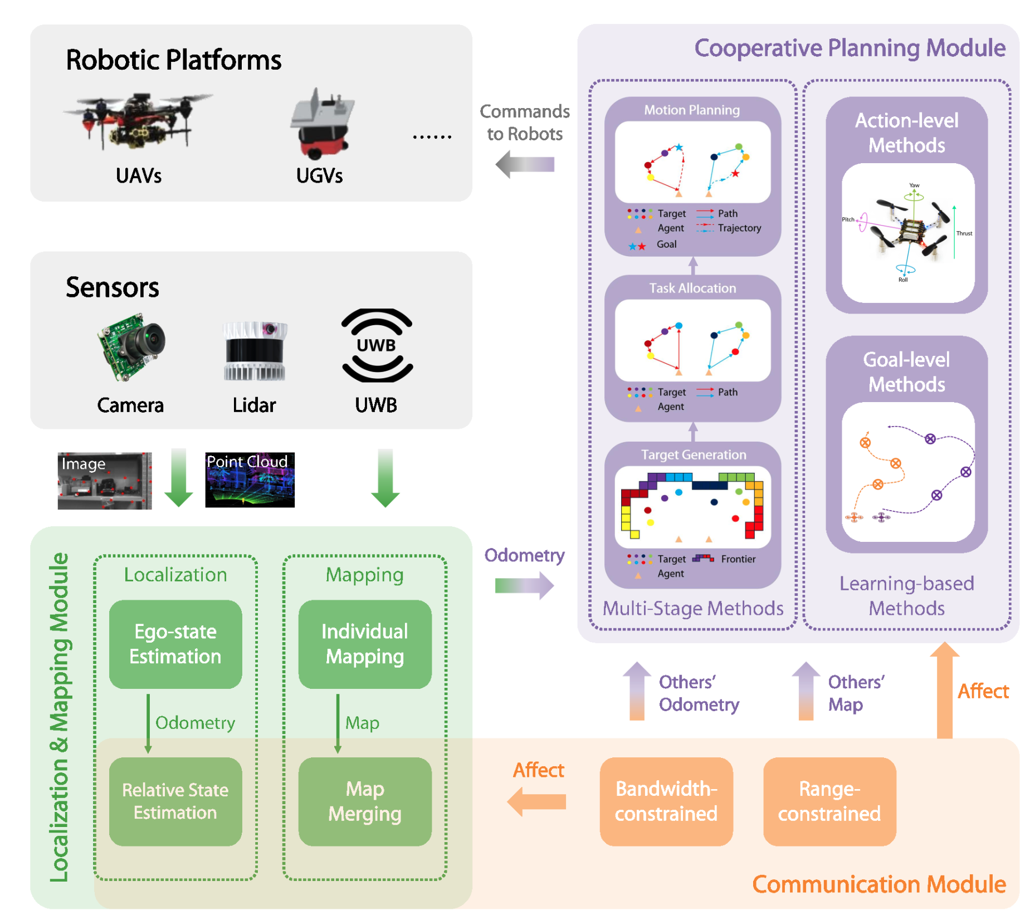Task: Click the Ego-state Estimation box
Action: (x=175, y=644)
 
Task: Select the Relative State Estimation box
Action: (x=175, y=801)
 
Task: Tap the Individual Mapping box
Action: (x=364, y=644)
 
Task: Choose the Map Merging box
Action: (x=364, y=801)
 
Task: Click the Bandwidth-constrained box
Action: (x=666, y=801)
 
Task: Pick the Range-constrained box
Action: (x=829, y=801)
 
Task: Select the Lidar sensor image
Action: (x=255, y=350)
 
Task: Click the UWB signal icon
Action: (x=377, y=345)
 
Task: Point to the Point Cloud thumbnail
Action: (x=250, y=479)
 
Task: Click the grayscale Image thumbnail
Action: (x=105, y=481)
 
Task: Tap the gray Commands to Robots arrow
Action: (x=525, y=164)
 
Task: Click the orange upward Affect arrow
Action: (x=944, y=691)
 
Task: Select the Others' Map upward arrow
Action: (x=805, y=691)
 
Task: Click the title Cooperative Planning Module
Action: (x=850, y=48)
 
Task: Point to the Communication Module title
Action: (x=878, y=884)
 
